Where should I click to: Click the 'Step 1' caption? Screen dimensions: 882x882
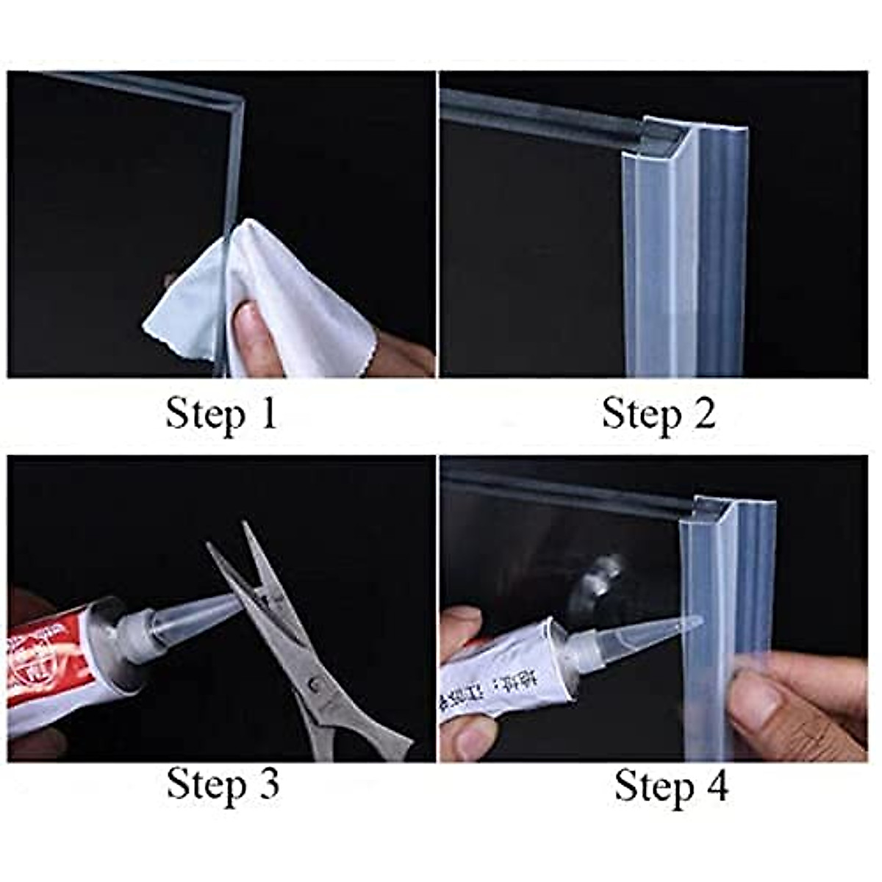pyautogui.click(x=220, y=414)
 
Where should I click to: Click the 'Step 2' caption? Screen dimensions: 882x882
pyautogui.click(x=658, y=414)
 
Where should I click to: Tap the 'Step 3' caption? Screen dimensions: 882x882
pyautogui.click(x=223, y=784)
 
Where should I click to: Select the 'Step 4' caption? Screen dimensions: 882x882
pyautogui.click(x=671, y=786)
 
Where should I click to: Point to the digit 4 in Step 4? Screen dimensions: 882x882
pyautogui.click(x=716, y=786)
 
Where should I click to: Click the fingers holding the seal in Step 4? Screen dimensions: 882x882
pyautogui.click(x=794, y=698)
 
